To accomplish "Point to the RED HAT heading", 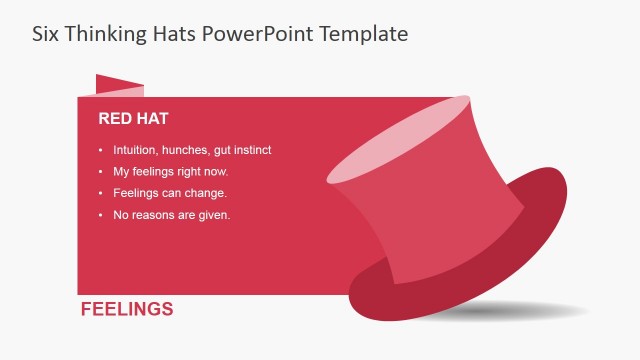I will point(133,119).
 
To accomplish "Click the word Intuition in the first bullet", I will point(134,150).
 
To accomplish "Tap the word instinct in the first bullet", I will point(252,150).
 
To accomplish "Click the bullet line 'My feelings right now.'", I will point(171,172).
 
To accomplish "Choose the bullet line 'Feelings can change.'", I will point(170,193).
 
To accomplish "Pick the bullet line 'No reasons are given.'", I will point(172,215).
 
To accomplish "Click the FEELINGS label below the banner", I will point(127,309).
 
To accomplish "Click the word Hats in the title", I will point(171,33).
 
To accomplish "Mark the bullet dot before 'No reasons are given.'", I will point(101,215).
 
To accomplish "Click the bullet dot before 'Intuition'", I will point(101,150).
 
